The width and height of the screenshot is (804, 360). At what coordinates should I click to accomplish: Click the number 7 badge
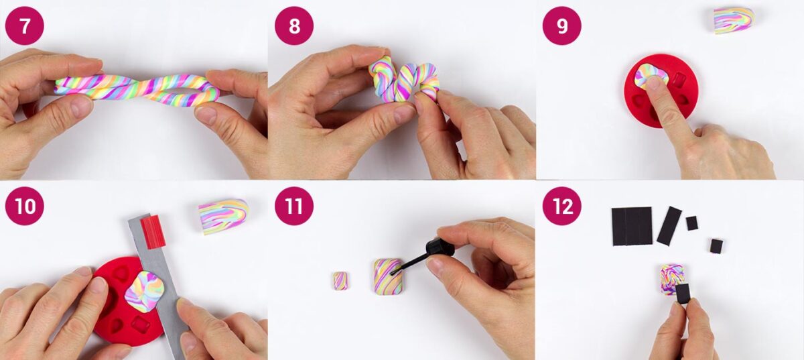[24, 26]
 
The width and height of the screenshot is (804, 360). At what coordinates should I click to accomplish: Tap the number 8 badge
[294, 26]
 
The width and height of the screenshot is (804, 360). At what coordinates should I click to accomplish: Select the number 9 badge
[561, 26]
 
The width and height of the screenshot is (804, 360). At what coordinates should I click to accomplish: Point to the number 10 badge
[24, 206]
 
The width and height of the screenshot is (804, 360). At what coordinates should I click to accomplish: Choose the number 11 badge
[294, 206]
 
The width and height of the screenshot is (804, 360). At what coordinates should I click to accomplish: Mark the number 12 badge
[561, 206]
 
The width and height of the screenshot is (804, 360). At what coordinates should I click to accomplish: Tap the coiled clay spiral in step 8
[404, 80]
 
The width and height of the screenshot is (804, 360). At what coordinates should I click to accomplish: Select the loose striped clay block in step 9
[734, 20]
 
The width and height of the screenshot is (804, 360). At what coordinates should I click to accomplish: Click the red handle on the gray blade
[153, 232]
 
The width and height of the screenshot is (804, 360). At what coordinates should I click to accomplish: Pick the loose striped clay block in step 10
[223, 217]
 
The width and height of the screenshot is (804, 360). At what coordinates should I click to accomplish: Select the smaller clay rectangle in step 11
[340, 281]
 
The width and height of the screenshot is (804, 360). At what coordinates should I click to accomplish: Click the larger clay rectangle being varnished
[388, 276]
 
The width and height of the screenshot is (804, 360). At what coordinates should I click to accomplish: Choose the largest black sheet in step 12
[632, 226]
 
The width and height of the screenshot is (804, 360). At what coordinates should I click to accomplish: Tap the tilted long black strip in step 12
[669, 226]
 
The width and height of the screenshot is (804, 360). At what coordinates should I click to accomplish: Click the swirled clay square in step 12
[671, 279]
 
